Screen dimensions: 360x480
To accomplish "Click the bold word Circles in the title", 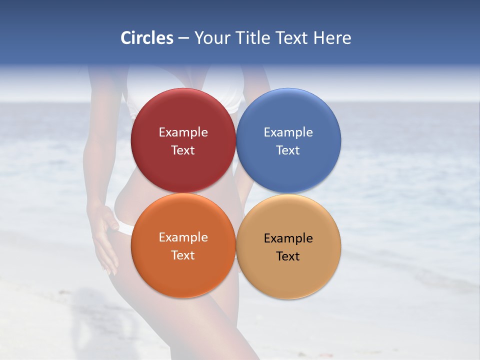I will pyautogui.click(x=147, y=38).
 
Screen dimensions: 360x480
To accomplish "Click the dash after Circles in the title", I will pyautogui.click(x=183, y=38).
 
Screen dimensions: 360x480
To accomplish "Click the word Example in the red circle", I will pyautogui.click(x=183, y=132).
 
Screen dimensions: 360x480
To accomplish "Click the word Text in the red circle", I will pyautogui.click(x=183, y=150).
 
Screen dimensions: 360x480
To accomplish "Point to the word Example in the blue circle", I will pyautogui.click(x=288, y=132).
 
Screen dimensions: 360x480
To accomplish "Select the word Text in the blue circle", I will pyautogui.click(x=288, y=150).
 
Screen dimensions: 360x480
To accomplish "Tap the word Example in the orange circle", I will pyautogui.click(x=183, y=237).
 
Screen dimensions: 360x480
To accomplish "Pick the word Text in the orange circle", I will pyautogui.click(x=183, y=255).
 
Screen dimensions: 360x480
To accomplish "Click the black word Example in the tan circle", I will pyautogui.click(x=288, y=238).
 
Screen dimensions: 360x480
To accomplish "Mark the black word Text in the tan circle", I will pyautogui.click(x=288, y=256).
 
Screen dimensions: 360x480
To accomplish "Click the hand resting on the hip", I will pyautogui.click(x=103, y=235).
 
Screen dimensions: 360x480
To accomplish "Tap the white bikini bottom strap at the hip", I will pyautogui.click(x=123, y=228).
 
